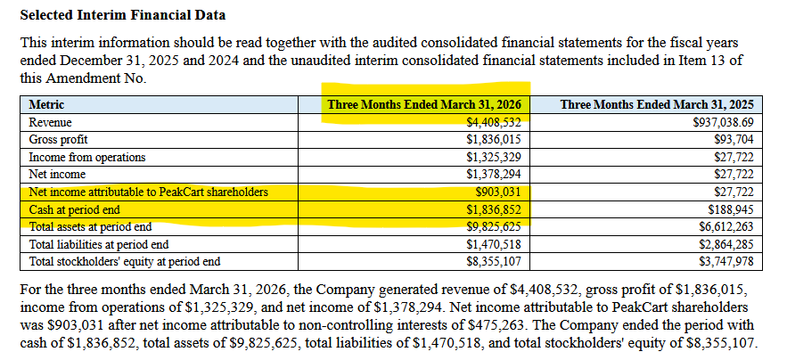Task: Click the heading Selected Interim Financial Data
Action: (122, 15)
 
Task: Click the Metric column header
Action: (46, 105)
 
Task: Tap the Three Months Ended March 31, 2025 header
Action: (657, 105)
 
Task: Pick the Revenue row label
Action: (50, 122)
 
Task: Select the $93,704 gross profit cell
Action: (734, 140)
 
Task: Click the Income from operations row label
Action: (87, 157)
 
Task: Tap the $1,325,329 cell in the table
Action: (494, 157)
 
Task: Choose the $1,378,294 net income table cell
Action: (494, 175)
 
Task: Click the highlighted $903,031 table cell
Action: (498, 192)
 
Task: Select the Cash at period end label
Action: (75, 209)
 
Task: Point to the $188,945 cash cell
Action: (731, 209)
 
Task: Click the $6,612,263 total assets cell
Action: (726, 227)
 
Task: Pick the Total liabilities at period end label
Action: (99, 244)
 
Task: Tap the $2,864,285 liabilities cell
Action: (726, 244)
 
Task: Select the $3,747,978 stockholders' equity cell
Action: (726, 262)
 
